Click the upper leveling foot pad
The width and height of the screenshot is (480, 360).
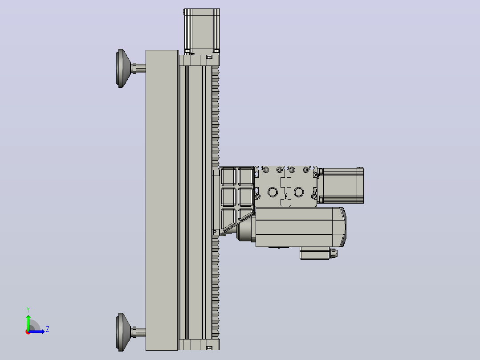[x=122, y=68]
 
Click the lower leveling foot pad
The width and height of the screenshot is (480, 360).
[x=122, y=332]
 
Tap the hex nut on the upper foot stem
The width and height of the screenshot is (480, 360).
[x=134, y=68]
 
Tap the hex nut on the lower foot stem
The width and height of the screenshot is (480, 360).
[x=134, y=332]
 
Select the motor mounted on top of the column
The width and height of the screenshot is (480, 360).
[x=202, y=32]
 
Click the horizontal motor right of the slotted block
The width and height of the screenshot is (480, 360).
[x=340, y=185]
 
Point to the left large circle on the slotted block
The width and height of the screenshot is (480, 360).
[x=273, y=192]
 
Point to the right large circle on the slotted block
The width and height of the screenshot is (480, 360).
[x=299, y=192]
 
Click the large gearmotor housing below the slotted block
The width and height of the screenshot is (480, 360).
[x=300, y=227]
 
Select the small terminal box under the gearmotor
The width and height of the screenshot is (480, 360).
[x=315, y=253]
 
